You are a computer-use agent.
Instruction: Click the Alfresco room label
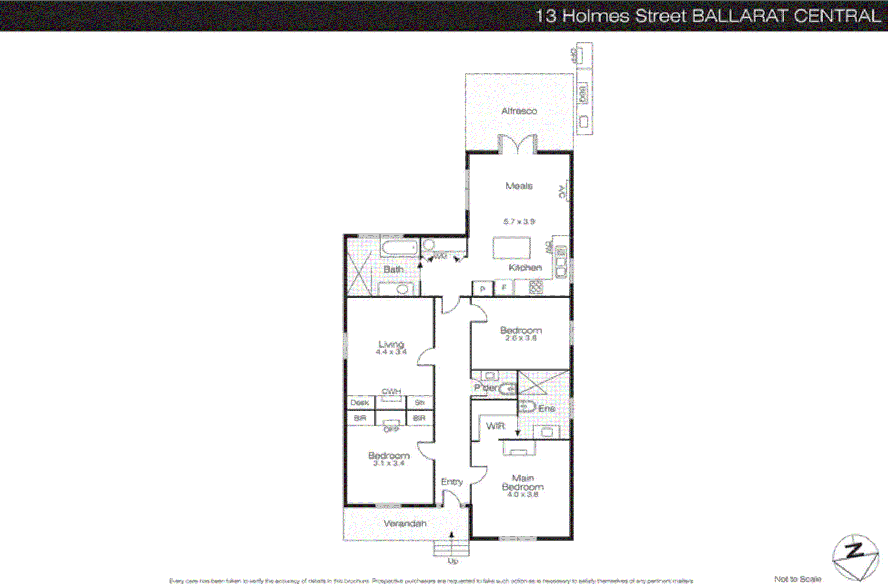coord(519,111)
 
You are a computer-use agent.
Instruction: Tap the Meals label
coord(519,186)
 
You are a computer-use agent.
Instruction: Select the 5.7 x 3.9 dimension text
coord(519,221)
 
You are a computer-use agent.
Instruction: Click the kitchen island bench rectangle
coord(511,248)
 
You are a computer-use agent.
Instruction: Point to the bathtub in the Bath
coord(399,248)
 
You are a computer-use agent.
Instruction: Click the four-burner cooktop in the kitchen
coord(536,287)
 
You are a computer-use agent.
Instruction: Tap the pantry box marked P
coord(482,289)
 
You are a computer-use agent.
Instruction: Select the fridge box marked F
coord(504,288)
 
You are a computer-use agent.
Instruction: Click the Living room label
coord(391,344)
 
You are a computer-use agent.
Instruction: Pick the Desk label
coord(360,402)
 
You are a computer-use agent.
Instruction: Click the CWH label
coord(391,391)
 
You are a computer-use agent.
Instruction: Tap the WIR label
coord(496,426)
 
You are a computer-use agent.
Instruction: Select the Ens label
coord(547,409)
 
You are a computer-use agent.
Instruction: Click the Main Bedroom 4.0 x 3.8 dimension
coord(522,495)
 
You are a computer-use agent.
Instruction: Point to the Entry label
coord(452,482)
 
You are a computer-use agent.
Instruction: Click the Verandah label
coord(405,523)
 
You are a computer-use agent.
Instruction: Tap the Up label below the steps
coord(453,561)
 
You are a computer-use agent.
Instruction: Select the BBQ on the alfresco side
coord(582,94)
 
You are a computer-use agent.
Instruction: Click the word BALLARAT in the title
coord(740,16)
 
